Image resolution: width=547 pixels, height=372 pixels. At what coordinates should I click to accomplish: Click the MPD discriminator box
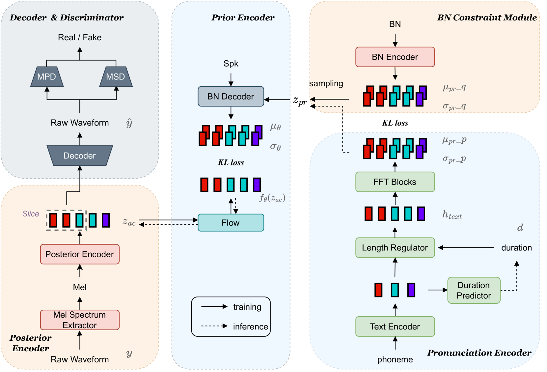pos(47,77)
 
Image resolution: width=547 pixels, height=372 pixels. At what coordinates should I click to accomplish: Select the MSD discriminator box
pos(116,77)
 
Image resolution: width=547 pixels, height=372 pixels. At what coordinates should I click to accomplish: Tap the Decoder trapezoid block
pos(80,156)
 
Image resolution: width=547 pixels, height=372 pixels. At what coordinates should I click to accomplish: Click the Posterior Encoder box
pos(80,254)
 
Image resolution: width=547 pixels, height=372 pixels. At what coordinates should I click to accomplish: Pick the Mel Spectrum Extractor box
pos(80,320)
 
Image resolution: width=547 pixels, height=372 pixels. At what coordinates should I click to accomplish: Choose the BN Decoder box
pos(231,96)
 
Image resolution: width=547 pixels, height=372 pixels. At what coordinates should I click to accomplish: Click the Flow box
pos(231,223)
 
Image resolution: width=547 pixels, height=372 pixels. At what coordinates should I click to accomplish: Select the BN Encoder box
pos(395,57)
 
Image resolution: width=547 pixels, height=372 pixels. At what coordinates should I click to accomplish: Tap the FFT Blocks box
pos(395,182)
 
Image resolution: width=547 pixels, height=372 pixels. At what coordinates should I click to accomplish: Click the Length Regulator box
pos(395,247)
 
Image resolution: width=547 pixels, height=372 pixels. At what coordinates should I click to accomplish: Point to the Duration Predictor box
pos(474,290)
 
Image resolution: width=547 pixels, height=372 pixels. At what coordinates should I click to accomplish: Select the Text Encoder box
pos(395,327)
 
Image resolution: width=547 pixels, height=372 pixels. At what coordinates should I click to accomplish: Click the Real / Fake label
pos(80,37)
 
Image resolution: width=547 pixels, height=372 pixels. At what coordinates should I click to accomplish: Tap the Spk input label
pos(231,64)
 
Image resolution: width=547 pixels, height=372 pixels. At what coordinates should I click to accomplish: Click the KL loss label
pos(231,162)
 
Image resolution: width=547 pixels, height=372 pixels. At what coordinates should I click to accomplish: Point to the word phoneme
pos(395,359)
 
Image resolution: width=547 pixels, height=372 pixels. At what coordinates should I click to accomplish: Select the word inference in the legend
pos(250,327)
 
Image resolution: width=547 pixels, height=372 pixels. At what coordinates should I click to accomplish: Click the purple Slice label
pos(31,214)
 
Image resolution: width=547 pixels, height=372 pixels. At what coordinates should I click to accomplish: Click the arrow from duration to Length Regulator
pos(466,247)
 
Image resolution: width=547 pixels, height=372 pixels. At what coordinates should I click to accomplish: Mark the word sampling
pos(326,83)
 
